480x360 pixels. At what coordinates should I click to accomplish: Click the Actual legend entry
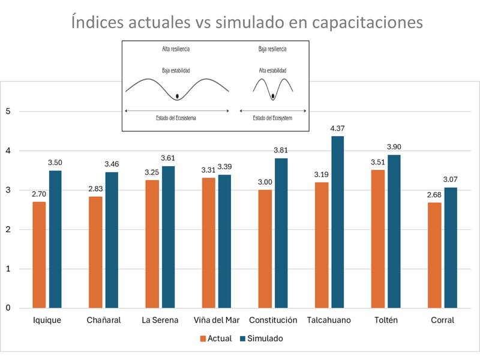pyautogui.click(x=215, y=338)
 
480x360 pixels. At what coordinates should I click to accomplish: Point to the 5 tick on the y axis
pyautogui.click(x=8, y=111)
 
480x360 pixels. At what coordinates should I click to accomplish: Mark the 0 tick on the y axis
pyautogui.click(x=8, y=308)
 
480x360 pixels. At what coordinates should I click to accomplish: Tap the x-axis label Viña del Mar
pyautogui.click(x=217, y=320)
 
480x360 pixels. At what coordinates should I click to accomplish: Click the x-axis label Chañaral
pyautogui.click(x=103, y=320)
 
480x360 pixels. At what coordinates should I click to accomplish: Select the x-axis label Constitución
pyautogui.click(x=273, y=320)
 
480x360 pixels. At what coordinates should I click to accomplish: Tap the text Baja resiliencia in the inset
pyautogui.click(x=272, y=49)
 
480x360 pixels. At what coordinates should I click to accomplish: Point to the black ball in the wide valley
pyautogui.click(x=178, y=96)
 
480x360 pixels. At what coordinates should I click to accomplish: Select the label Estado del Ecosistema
pyautogui.click(x=176, y=118)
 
